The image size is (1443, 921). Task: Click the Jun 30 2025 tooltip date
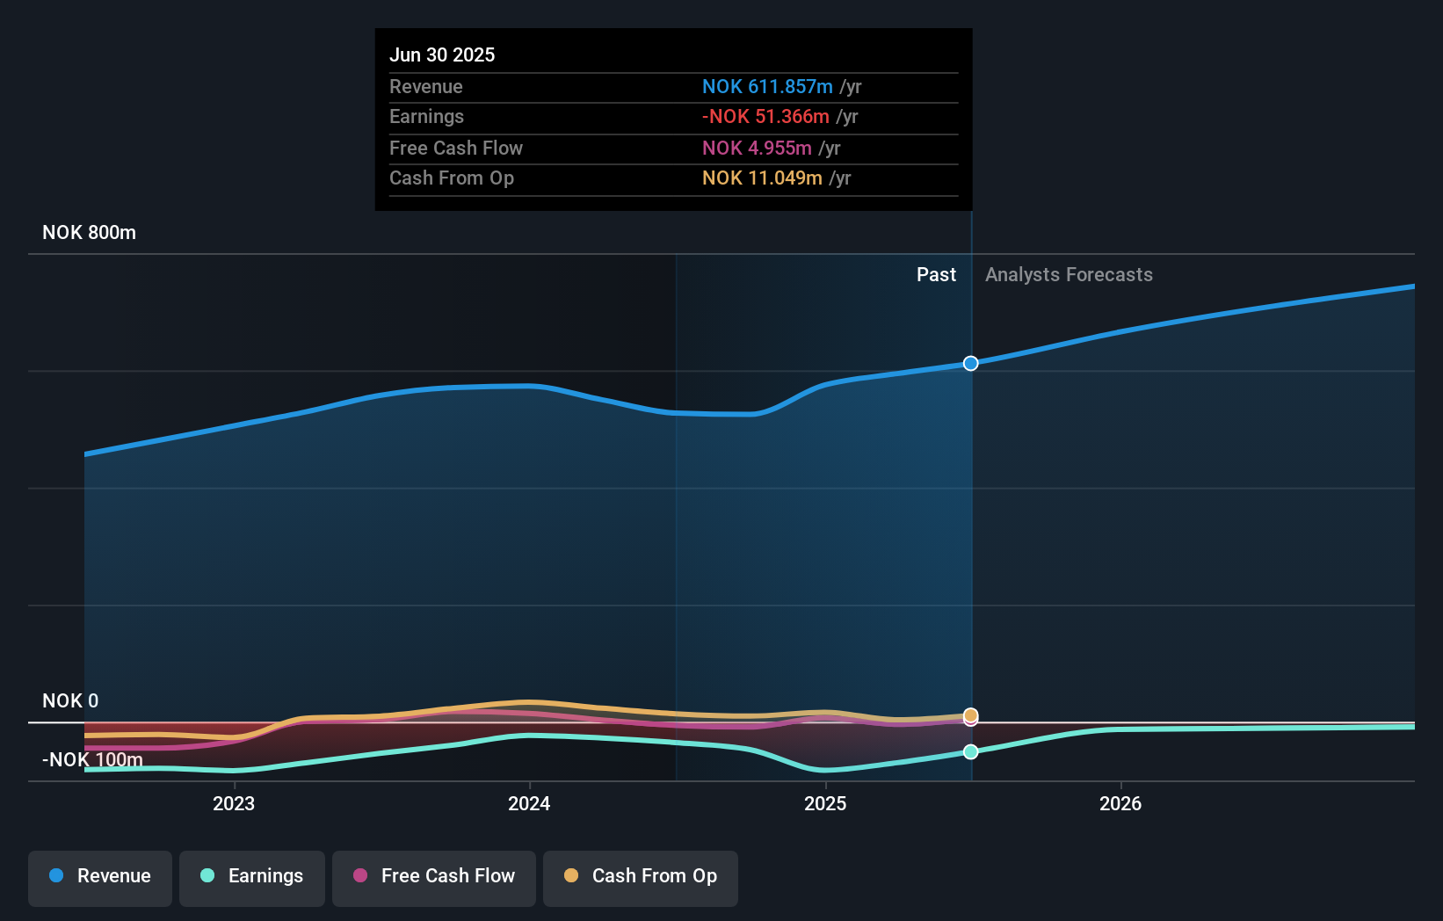coord(442,54)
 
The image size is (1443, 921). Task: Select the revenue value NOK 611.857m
coord(767,86)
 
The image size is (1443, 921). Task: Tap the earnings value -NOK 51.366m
coord(765,116)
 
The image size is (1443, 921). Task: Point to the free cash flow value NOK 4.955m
coord(757,148)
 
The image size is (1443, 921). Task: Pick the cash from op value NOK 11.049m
coord(762,178)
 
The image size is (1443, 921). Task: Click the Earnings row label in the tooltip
coord(426,116)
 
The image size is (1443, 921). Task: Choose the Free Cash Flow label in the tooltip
coord(455,148)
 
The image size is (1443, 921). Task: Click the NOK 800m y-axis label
coord(89,232)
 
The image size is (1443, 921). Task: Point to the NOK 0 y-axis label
coord(70,700)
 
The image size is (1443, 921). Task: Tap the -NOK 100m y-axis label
coord(92,759)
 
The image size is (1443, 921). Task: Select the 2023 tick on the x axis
coord(234,803)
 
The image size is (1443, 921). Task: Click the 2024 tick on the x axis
coord(529,803)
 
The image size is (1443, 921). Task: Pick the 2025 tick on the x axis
coord(825,803)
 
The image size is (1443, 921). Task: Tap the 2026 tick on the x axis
coord(1120,803)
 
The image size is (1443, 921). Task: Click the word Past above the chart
coord(936,274)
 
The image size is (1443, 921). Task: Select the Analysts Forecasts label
coord(1069,274)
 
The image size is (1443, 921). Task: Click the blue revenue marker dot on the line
coord(970,363)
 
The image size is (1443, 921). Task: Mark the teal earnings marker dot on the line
coord(970,751)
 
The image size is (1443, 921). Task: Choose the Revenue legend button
coord(100,876)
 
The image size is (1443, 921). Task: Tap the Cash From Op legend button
coord(641,876)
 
